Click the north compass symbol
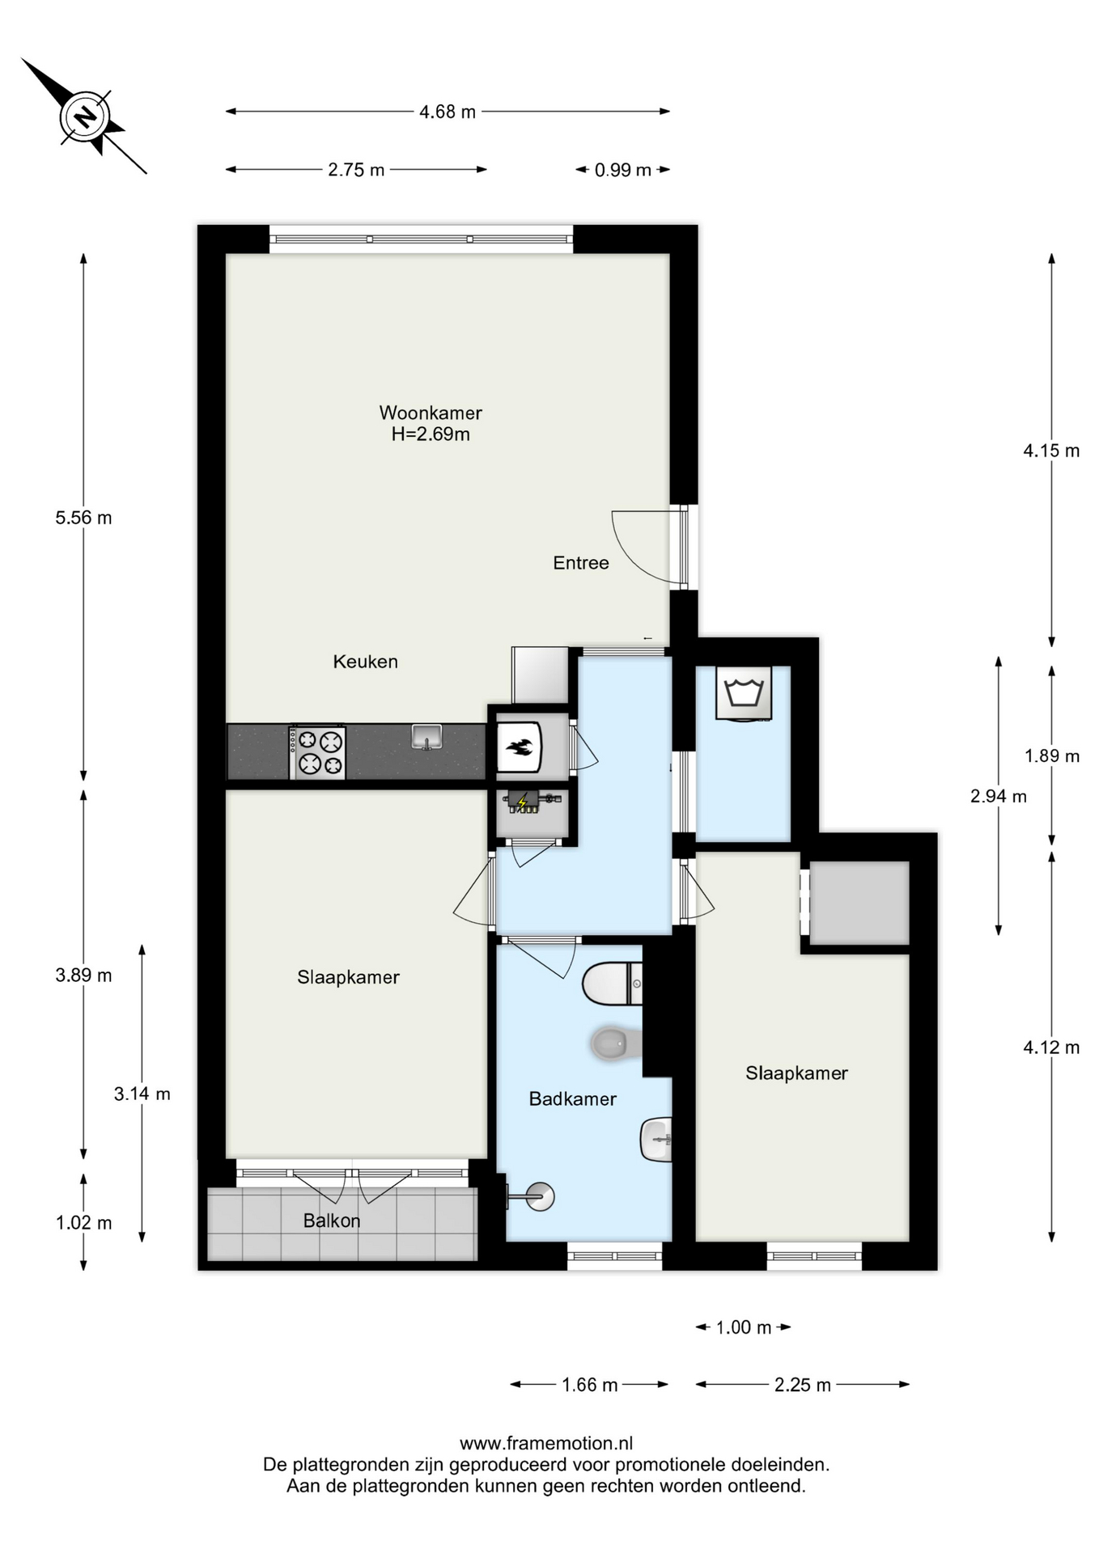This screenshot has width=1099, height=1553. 84,116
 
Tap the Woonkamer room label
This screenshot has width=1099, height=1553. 431,413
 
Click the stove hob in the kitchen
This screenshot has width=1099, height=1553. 318,752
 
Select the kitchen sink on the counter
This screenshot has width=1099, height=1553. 426,737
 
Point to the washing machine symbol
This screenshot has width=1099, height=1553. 744,693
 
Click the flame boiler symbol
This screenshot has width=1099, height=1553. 519,748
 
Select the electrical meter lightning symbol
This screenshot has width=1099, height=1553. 523,802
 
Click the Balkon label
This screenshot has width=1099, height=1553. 332,1221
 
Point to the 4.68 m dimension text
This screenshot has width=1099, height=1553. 448,112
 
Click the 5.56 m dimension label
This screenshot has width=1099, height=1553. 83,518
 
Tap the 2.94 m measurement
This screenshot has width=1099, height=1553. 999,796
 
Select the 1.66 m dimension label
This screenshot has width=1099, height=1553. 590,1385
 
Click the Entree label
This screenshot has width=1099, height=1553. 581,563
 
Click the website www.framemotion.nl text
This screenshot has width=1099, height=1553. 546,1443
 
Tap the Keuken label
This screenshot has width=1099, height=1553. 366,662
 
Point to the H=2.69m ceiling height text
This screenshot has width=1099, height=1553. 431,434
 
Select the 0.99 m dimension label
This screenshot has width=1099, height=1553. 623,170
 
